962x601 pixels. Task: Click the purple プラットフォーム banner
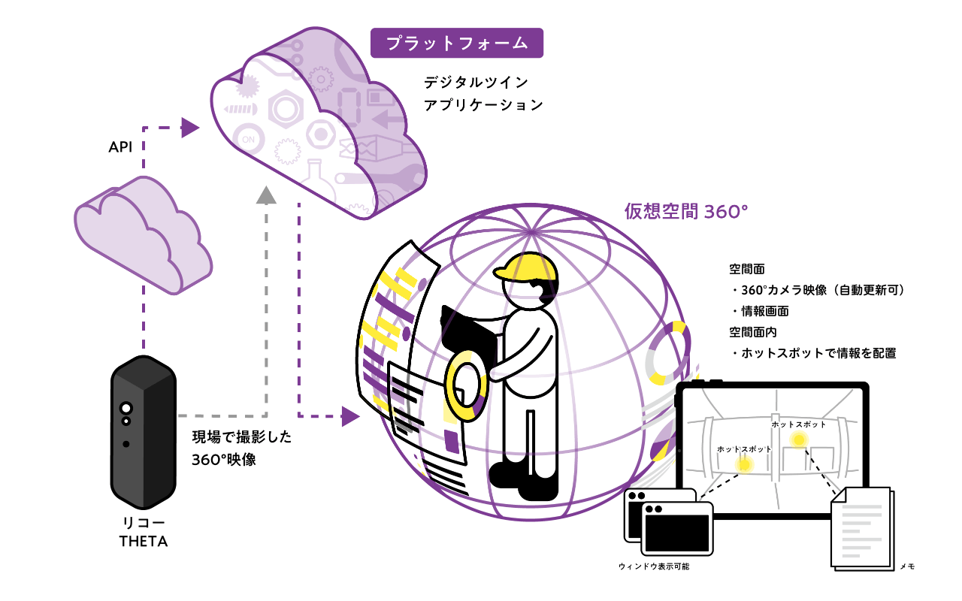[456, 44]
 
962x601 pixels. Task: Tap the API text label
[121, 147]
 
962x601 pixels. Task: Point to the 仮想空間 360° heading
[686, 211]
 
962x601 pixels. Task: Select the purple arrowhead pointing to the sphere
[349, 415]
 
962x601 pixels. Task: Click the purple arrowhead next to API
[190, 128]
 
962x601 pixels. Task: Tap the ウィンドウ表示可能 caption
[653, 566]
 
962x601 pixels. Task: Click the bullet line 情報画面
[763, 310]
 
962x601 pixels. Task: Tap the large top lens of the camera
[126, 408]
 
